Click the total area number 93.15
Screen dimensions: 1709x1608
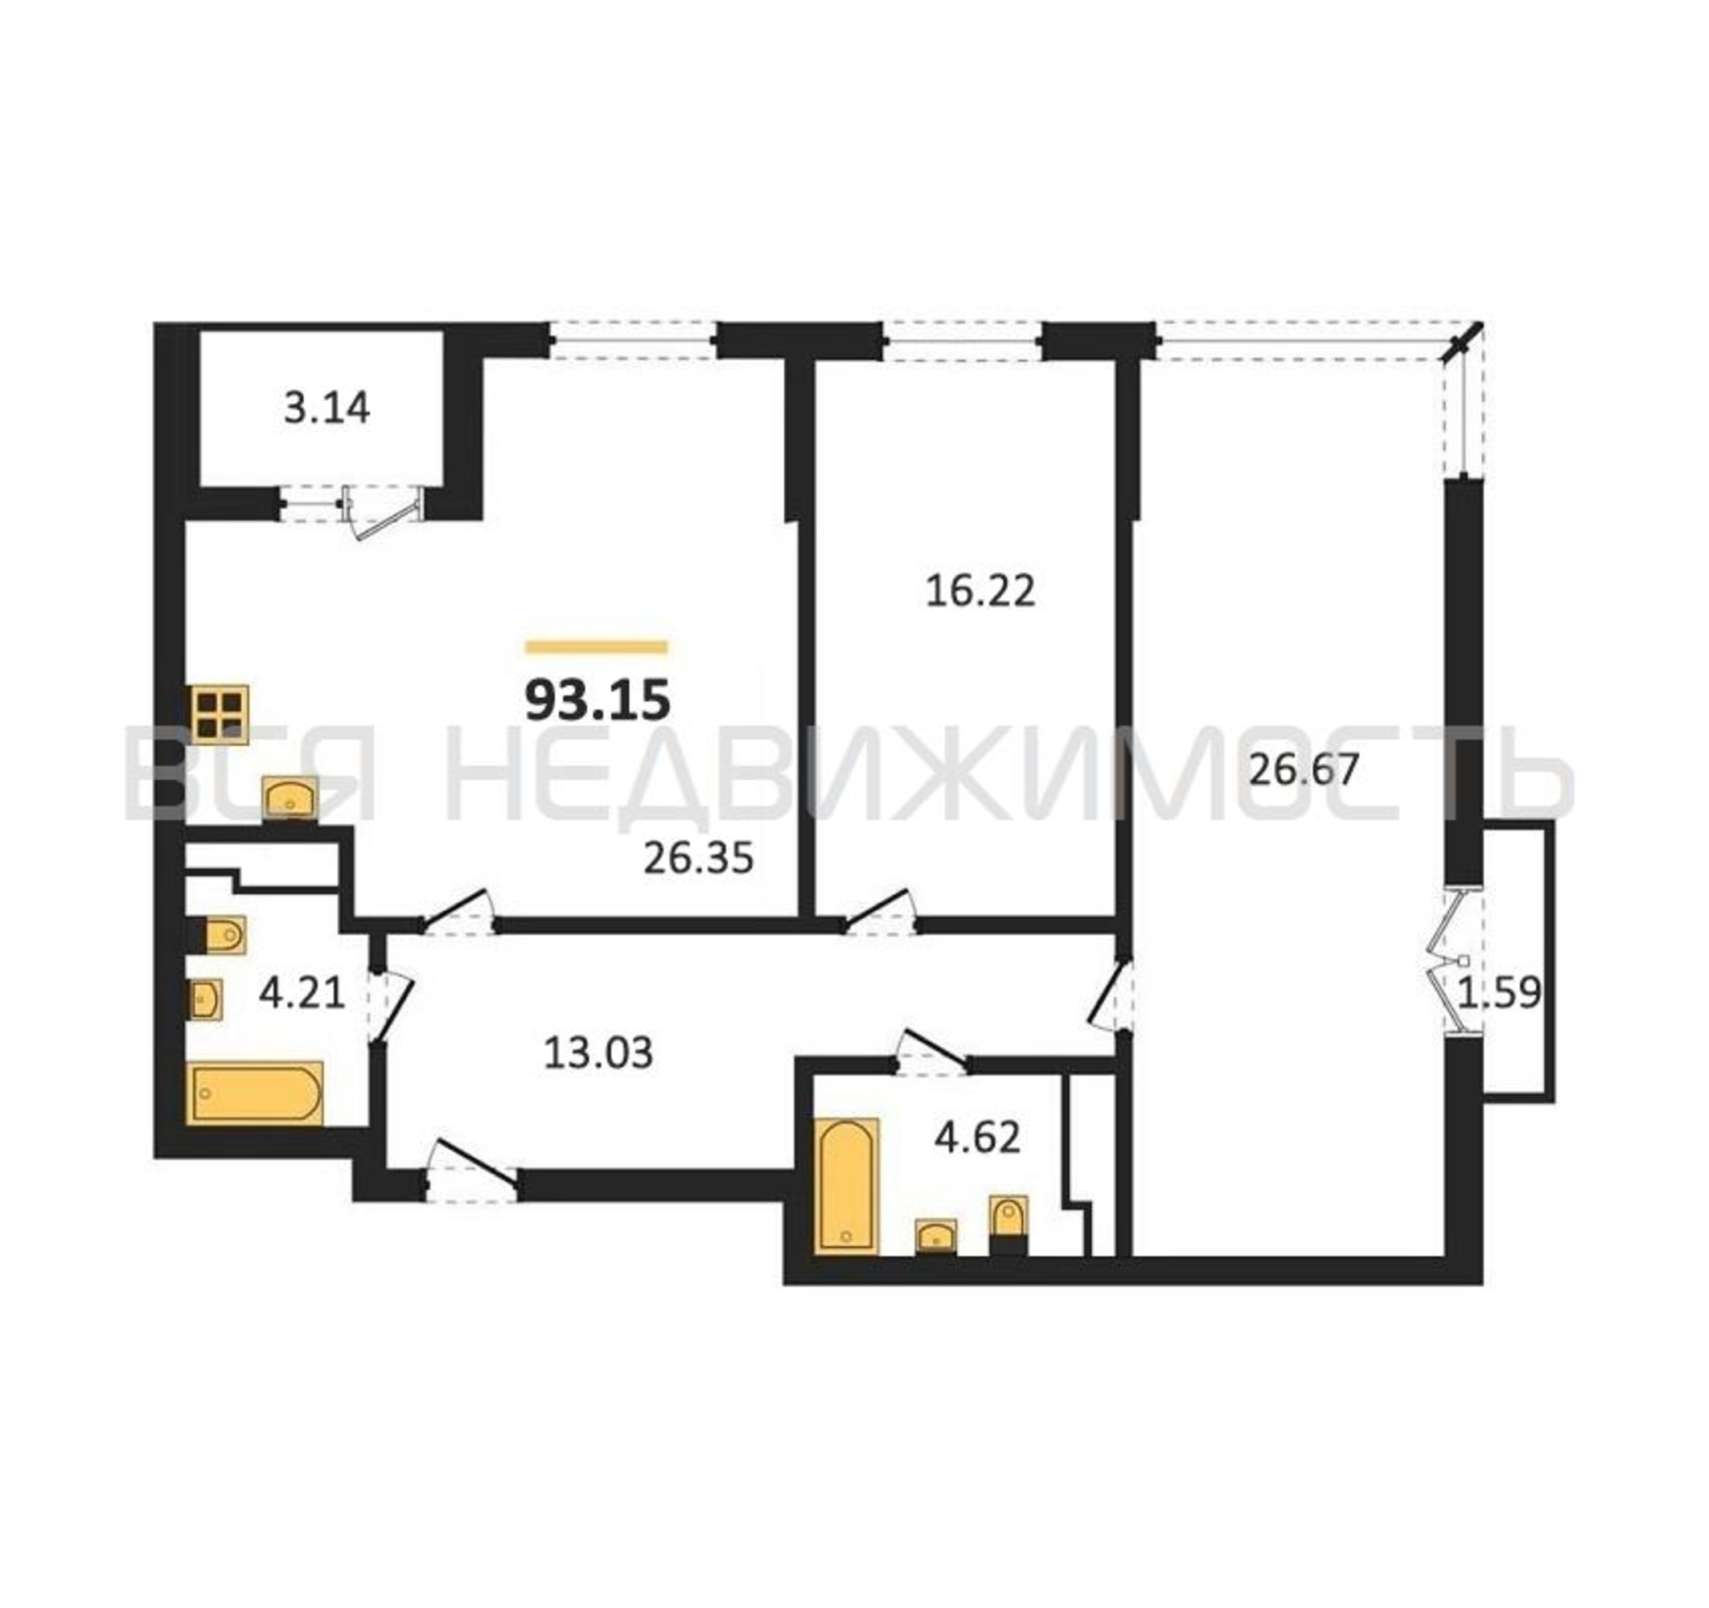598,699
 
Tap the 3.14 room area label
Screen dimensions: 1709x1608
327,408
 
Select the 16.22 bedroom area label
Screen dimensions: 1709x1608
980,591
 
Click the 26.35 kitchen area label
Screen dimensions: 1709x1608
698,858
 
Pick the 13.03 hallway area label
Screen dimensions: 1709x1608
598,1052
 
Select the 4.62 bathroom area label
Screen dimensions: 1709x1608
977,1137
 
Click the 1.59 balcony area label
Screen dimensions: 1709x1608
1501,993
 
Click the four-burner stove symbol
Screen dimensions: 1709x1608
220,714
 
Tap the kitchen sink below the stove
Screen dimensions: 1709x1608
290,798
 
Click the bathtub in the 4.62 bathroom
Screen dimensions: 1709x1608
847,1187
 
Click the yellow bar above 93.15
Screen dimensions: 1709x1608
597,647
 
